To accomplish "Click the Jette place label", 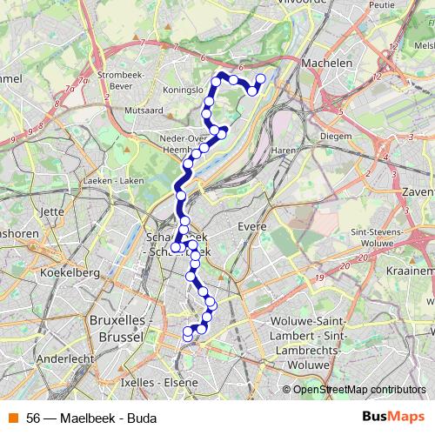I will click(x=52, y=211).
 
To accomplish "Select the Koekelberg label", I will click(x=66, y=273).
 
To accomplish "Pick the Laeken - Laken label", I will click(x=113, y=180).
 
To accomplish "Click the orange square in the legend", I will click(x=12, y=418).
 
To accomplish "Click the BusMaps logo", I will click(x=392, y=417).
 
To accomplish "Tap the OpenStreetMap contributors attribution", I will click(x=359, y=389).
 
